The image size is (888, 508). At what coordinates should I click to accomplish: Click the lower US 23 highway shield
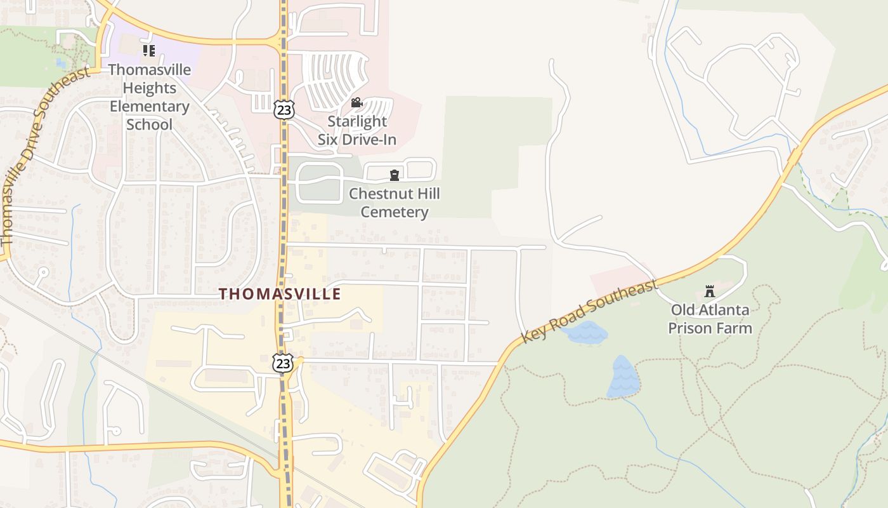coord(283,363)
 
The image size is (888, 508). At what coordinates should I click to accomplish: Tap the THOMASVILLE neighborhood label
coord(280,294)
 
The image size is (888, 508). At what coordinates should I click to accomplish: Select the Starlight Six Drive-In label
coord(357,130)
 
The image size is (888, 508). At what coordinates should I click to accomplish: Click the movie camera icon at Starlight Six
coord(356,102)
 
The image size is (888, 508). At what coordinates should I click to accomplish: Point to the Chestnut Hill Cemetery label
coord(395,203)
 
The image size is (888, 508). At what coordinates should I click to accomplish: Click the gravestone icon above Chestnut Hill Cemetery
coord(395,175)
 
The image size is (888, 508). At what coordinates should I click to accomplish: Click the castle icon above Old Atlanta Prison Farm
coord(710,292)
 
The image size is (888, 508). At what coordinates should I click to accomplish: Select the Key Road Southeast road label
coord(589,312)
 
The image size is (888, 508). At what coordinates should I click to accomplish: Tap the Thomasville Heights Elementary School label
coord(150,97)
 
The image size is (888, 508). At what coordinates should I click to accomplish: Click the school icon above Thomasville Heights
coord(149,51)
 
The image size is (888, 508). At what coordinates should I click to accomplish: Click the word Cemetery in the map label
coord(395,212)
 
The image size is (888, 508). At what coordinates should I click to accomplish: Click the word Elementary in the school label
coord(150,106)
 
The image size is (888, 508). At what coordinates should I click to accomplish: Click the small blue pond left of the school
coord(60,63)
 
